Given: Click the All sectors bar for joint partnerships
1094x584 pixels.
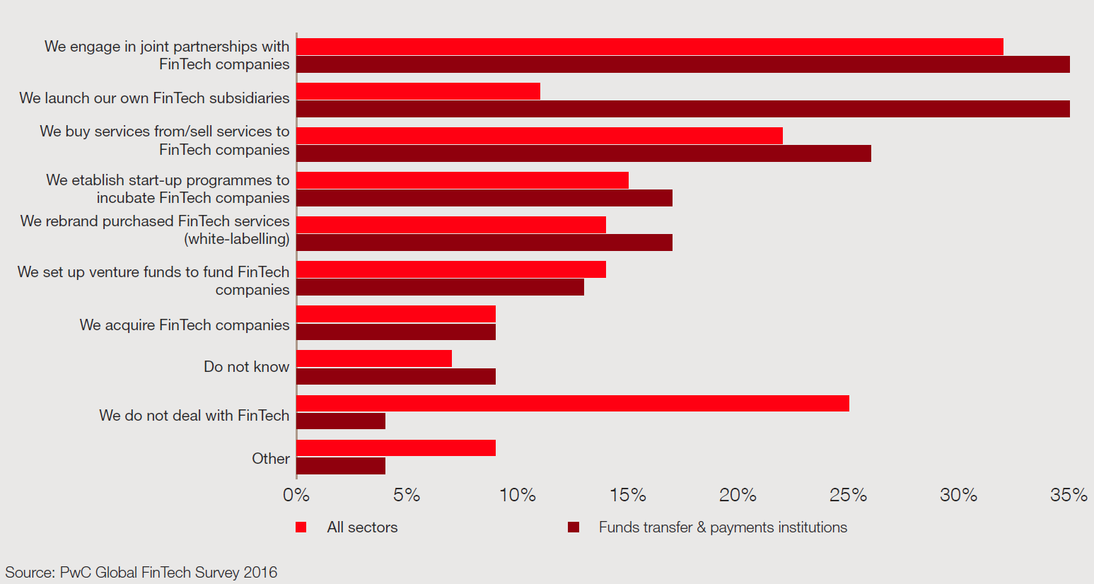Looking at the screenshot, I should [649, 47].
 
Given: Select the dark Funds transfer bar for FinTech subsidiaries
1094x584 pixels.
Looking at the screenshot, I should [682, 109].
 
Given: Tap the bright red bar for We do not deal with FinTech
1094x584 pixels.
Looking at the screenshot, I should [572, 403].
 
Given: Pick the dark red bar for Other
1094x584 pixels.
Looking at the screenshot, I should [341, 466].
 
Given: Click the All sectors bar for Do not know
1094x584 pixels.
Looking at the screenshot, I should [373, 358].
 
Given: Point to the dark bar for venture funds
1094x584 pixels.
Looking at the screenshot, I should [440, 287].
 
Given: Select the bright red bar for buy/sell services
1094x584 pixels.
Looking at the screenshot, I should [539, 135].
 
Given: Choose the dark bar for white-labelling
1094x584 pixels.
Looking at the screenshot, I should [484, 243].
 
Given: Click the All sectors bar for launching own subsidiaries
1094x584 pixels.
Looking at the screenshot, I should [418, 91].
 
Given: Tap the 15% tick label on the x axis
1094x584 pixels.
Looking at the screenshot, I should [628, 496].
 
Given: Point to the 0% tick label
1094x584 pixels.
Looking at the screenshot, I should [296, 496].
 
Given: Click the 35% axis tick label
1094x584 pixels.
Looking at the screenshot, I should [1069, 496].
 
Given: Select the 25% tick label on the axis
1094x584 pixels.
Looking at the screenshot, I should [848, 496].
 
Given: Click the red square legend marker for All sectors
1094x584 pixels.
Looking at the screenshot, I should [301, 527].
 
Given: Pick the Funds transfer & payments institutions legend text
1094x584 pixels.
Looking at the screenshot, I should [723, 527].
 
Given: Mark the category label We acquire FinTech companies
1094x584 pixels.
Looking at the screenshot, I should [185, 325].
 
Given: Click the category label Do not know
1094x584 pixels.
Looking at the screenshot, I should [246, 367].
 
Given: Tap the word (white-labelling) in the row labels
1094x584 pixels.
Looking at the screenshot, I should [237, 239].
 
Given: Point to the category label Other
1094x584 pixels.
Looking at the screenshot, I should [271, 459].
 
